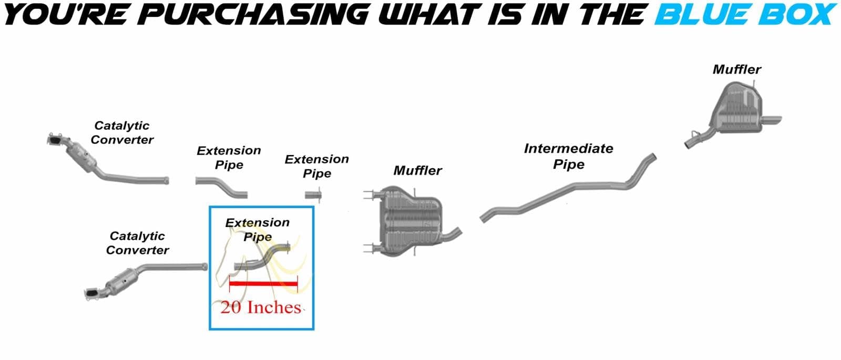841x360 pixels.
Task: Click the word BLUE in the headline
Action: [704, 14]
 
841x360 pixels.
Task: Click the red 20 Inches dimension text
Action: [261, 307]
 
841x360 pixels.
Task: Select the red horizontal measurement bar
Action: [263, 283]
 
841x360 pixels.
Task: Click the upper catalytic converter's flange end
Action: [55, 140]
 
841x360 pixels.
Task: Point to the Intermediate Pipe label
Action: [568, 156]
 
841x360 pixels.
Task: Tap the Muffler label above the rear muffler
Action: [737, 69]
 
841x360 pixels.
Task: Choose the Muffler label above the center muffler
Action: [417, 171]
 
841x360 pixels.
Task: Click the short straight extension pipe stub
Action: [313, 195]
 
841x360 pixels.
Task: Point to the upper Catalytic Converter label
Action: [122, 132]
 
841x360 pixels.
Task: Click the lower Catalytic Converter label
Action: [137, 243]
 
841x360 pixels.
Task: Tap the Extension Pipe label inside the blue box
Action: [258, 229]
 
